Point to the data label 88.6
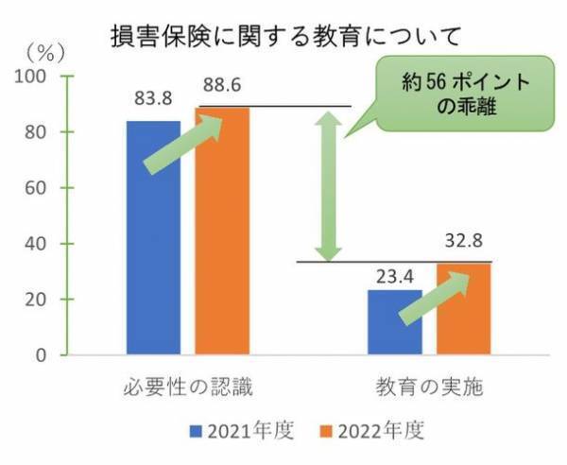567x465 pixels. (222, 86)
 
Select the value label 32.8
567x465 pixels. (465, 244)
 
